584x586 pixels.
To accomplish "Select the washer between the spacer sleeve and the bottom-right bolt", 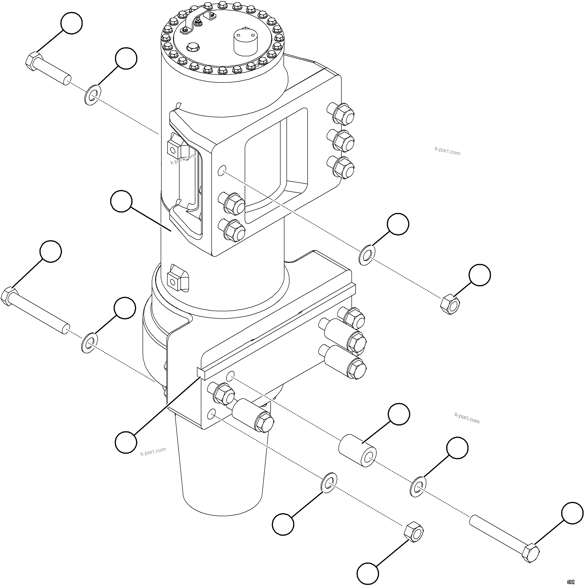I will click(418, 487).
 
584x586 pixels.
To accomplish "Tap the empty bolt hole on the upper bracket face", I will click(222, 171).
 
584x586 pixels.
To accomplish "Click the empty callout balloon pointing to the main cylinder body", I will click(121, 201).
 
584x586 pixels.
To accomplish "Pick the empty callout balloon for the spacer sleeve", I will click(399, 414).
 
